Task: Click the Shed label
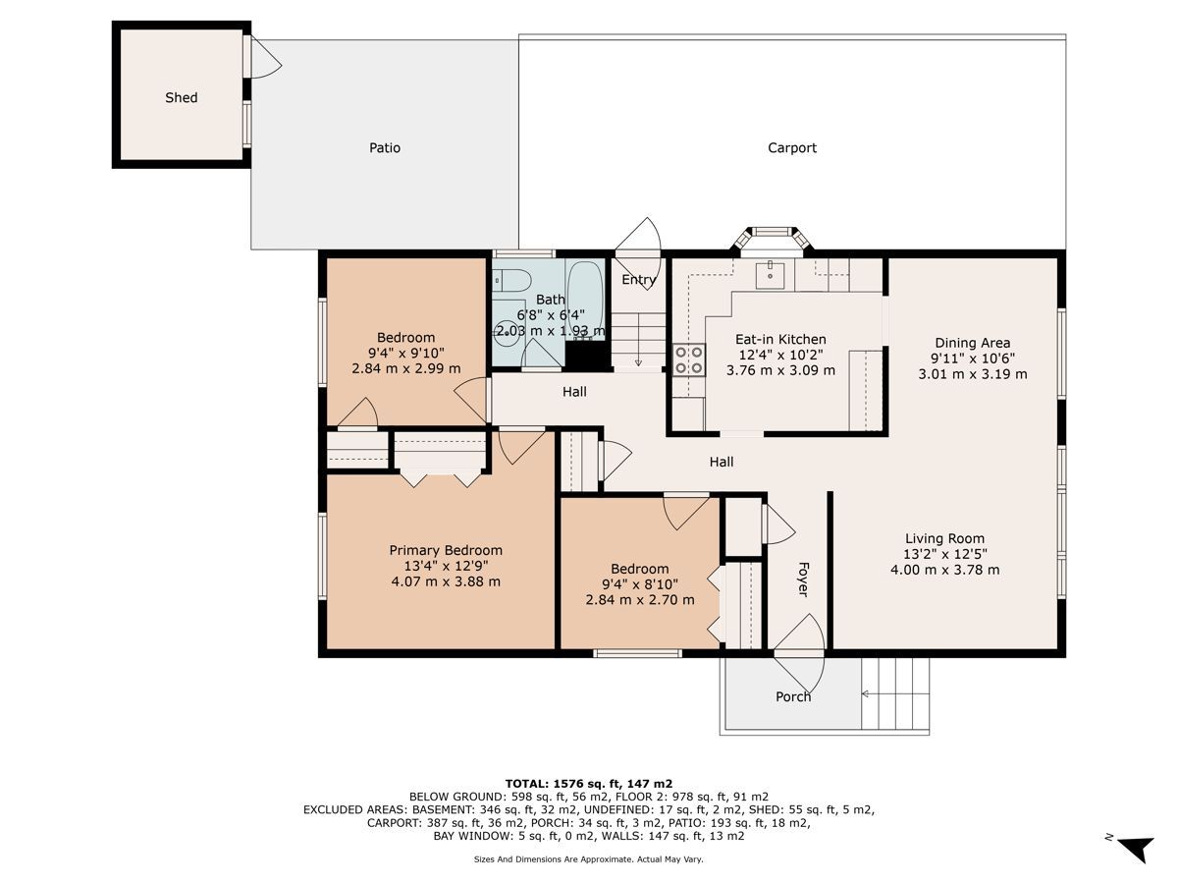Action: [181, 97]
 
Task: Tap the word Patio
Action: [384, 147]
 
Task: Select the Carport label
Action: [791, 148]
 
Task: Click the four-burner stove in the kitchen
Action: [688, 359]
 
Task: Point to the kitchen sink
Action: [771, 275]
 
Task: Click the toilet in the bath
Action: [512, 280]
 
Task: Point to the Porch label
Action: [792, 696]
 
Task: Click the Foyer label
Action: [803, 580]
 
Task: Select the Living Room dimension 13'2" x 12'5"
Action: [945, 554]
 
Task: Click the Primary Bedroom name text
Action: [446, 550]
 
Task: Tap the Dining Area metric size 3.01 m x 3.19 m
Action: [973, 374]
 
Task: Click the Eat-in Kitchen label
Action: [780, 339]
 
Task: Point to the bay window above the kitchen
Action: [772, 239]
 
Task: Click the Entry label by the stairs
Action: [639, 280]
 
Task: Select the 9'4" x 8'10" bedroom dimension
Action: [640, 584]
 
